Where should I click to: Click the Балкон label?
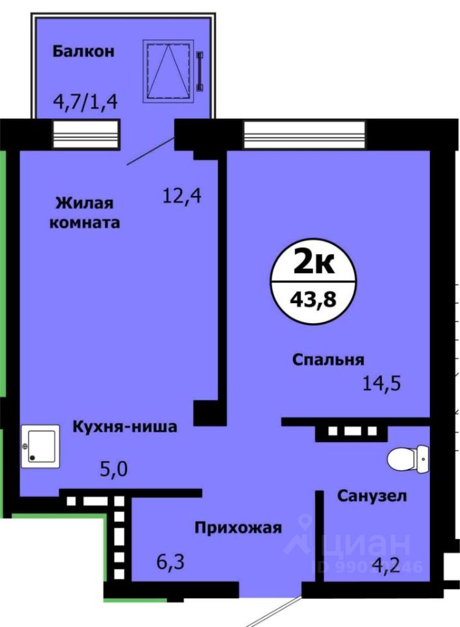[84, 51]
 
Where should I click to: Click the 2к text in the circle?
[314, 265]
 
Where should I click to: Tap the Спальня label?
[328, 359]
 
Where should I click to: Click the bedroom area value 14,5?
[382, 382]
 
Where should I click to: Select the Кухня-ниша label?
[125, 427]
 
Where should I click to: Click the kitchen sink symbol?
[40, 446]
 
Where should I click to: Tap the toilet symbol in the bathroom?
[408, 458]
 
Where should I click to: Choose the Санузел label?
[372, 496]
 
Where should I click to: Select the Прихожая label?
[238, 528]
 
